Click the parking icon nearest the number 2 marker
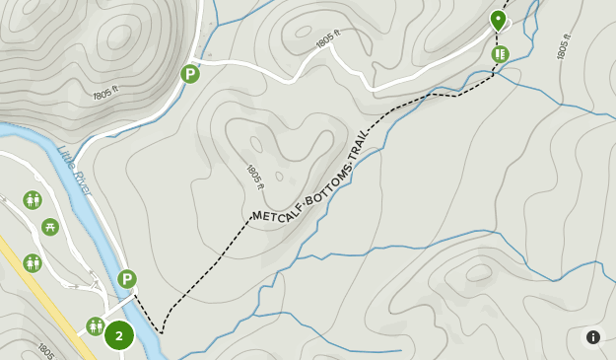pos(127,279)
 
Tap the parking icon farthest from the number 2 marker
pos(190,73)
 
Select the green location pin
pos(498,20)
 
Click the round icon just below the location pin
pos(501,53)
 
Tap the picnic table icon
pos(50,227)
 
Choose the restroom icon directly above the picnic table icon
pos(33,200)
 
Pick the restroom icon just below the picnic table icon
pos(33,263)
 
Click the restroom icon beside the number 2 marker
pos(95,325)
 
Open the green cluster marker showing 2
pos(119,335)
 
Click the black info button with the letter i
pos(593,337)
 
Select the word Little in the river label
pos(66,158)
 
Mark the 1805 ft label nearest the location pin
pos(564,47)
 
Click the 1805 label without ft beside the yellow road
pos(44,350)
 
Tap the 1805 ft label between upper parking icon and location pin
pos(328,40)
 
